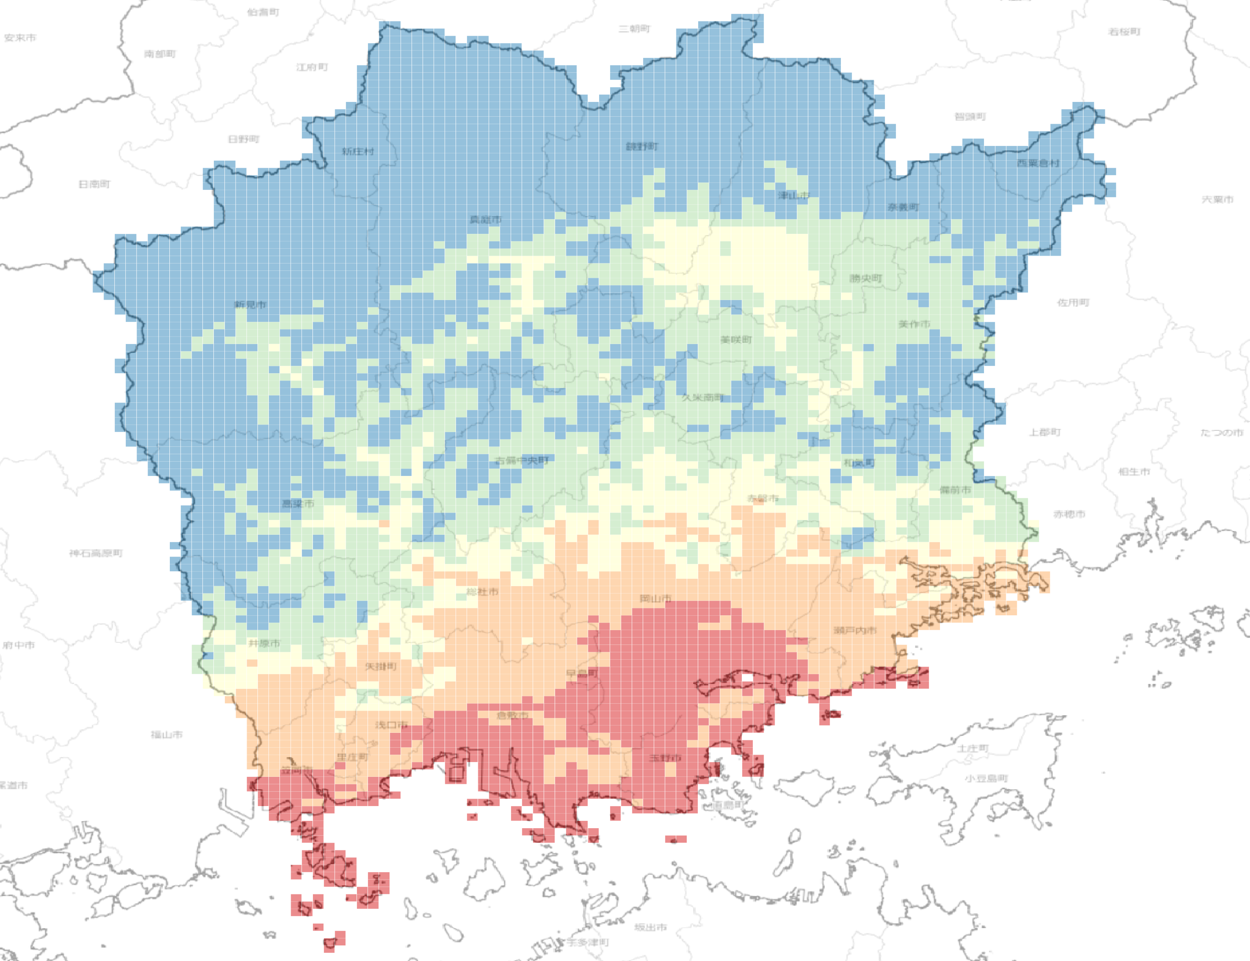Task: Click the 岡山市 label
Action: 655,599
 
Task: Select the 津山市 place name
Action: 794,196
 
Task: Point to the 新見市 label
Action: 250,304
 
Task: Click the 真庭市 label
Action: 486,219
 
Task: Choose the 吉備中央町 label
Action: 522,460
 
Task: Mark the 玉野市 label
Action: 665,758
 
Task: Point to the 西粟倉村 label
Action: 1038,163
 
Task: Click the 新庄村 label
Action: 358,152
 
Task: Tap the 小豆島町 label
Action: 986,779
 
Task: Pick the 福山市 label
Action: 167,735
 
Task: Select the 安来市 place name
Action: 20,38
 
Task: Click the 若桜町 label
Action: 1125,32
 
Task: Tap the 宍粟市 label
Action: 1218,199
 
